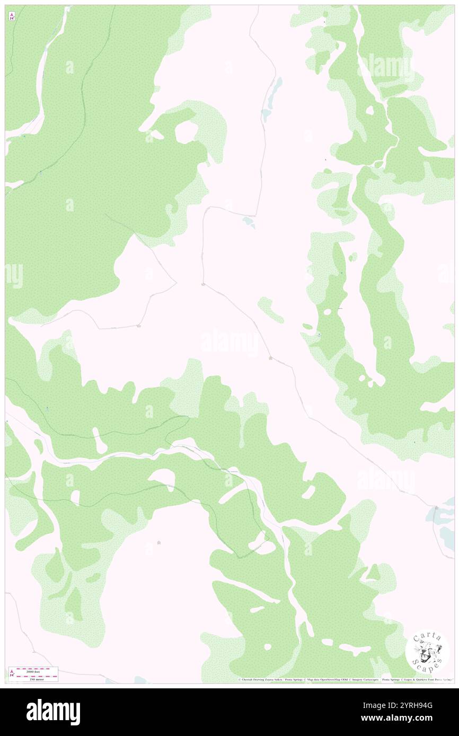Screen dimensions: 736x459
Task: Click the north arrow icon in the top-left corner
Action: point(12,16)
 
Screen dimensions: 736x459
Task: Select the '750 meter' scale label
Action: point(36,679)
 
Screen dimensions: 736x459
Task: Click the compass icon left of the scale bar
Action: point(11,674)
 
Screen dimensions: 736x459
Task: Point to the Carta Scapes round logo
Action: point(427,650)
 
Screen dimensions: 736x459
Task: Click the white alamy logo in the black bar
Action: point(53,712)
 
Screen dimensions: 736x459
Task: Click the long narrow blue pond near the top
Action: point(275,93)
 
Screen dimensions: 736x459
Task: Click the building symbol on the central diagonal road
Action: point(270,358)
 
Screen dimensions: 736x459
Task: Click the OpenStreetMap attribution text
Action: point(322,679)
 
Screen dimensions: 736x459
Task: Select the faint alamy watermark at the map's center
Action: point(229,342)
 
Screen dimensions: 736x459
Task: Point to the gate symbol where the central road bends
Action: point(204,285)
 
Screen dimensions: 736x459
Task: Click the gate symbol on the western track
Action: point(138,326)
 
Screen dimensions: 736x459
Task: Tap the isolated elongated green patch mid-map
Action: point(271,310)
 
